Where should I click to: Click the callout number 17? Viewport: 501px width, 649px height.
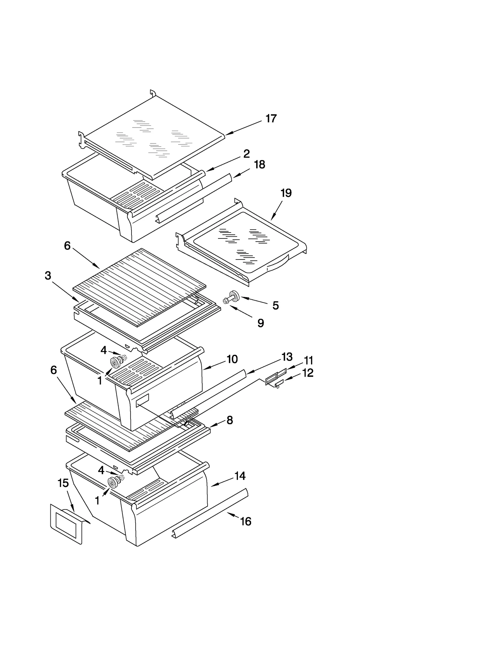271,118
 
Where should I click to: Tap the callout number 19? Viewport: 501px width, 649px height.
286,193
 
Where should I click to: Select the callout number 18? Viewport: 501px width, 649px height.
260,165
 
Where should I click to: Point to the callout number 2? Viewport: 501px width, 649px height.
246,154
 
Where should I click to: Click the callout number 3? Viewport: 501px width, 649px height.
48,276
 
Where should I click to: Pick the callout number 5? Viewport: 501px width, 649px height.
275,306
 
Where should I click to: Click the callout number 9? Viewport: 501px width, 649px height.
261,323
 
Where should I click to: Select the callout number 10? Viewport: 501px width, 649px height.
232,359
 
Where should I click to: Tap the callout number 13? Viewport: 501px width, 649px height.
287,357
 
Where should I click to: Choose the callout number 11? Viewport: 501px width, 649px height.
308,360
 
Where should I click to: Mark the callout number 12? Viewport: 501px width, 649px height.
308,373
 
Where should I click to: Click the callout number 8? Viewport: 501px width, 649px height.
230,420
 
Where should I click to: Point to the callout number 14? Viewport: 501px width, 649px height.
240,476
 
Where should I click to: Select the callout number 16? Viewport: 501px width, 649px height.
245,521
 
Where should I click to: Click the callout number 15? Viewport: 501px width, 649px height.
63,483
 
